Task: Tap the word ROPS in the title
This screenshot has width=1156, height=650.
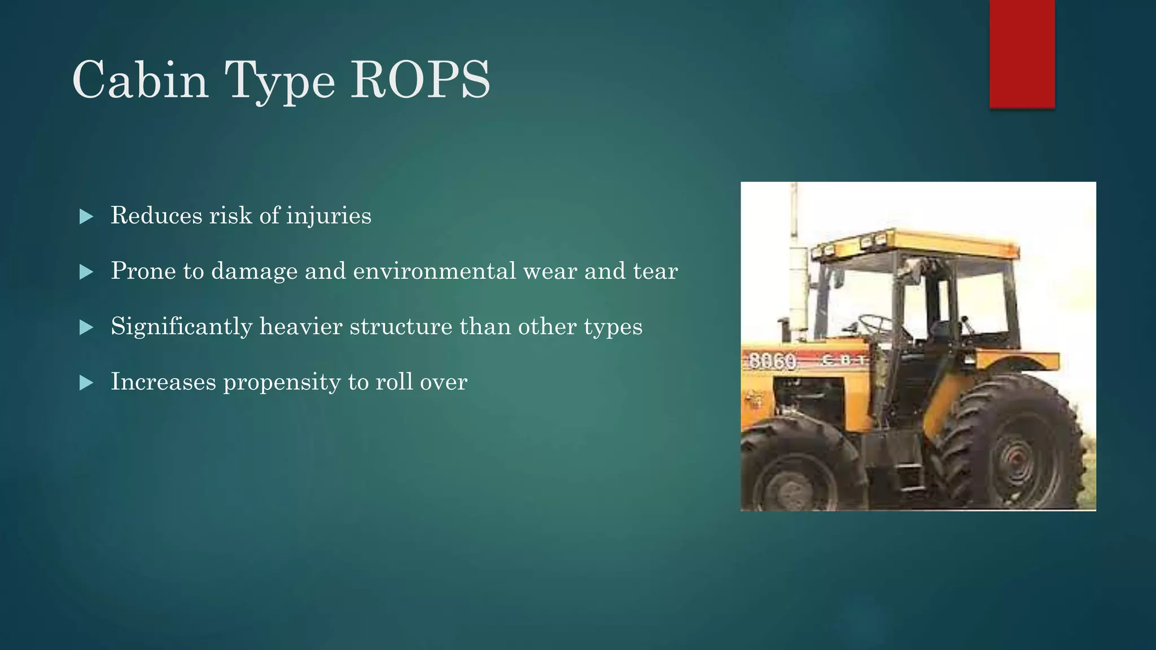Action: pyautogui.click(x=421, y=80)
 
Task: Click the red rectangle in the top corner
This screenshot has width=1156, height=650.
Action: pyautogui.click(x=1022, y=54)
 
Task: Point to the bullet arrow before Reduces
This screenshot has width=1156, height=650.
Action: pyautogui.click(x=86, y=217)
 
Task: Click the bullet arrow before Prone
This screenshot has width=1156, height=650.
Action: pyautogui.click(x=86, y=272)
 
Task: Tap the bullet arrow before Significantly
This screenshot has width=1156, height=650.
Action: pyautogui.click(x=86, y=327)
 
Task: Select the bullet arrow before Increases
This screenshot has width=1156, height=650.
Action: pyautogui.click(x=86, y=383)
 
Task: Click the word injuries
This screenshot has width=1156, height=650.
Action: pyautogui.click(x=329, y=216)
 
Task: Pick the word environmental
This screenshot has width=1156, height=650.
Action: pyautogui.click(x=434, y=271)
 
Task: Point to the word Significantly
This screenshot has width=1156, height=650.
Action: pyautogui.click(x=181, y=327)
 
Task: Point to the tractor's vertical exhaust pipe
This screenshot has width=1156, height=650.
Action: pyautogui.click(x=798, y=276)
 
